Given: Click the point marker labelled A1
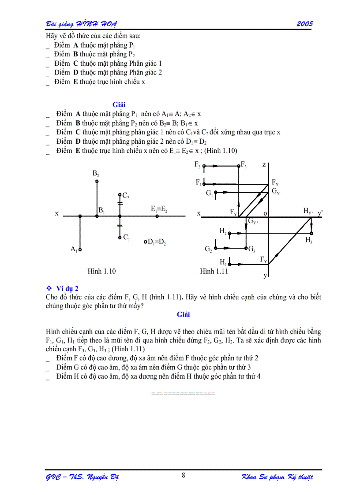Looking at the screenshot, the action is [x=80, y=249].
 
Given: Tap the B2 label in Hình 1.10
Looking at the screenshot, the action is [x=96, y=174].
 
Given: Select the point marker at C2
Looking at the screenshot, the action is [x=120, y=194].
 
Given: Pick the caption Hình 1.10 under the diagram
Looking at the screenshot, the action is [x=101, y=271].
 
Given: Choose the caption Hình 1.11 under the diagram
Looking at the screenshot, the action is [x=214, y=271].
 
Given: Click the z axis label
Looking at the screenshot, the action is [x=264, y=165].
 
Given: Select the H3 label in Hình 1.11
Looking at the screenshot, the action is [x=309, y=240].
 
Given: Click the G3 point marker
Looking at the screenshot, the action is [x=246, y=249].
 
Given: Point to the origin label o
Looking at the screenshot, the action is [x=266, y=213].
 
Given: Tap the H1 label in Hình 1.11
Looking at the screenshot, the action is [x=223, y=262].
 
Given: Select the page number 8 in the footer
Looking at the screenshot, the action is [x=183, y=475].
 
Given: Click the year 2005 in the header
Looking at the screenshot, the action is [x=304, y=24].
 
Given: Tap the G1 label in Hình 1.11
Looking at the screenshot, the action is [x=210, y=193].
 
